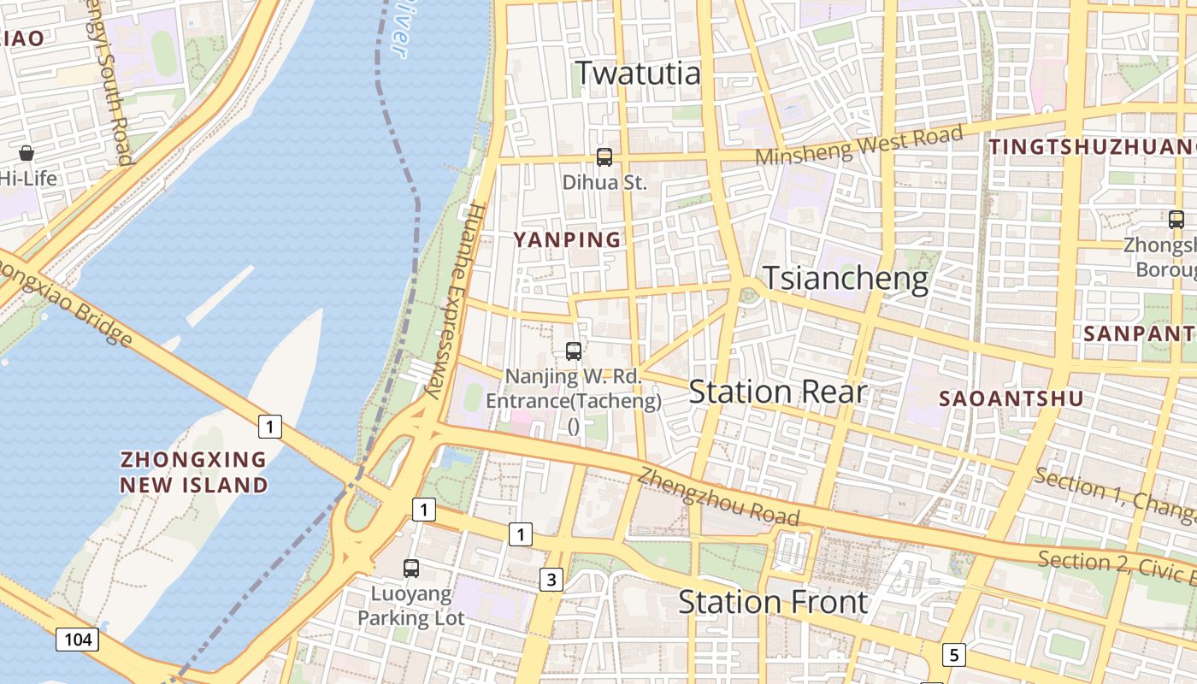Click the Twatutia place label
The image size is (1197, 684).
coord(638,74)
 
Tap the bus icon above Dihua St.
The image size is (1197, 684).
coord(604,156)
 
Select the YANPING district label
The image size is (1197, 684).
coord(568,240)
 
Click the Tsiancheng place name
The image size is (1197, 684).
coord(845,279)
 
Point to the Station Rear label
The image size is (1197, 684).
coord(777,392)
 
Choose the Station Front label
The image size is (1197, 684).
coord(773,603)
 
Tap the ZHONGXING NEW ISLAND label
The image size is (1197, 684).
coord(193,472)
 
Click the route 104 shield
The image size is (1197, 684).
coord(77,639)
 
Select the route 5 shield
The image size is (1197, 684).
coord(954,656)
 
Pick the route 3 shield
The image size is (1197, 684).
coord(551,580)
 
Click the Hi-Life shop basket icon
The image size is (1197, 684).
coord(27,153)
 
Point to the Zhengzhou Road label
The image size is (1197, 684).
coord(718,498)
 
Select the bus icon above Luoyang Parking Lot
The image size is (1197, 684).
coord(411,568)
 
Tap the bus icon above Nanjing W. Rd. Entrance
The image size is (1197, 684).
coord(574,351)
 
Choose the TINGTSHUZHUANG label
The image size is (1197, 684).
coord(1092,147)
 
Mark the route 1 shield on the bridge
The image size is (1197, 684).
coord(270,426)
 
